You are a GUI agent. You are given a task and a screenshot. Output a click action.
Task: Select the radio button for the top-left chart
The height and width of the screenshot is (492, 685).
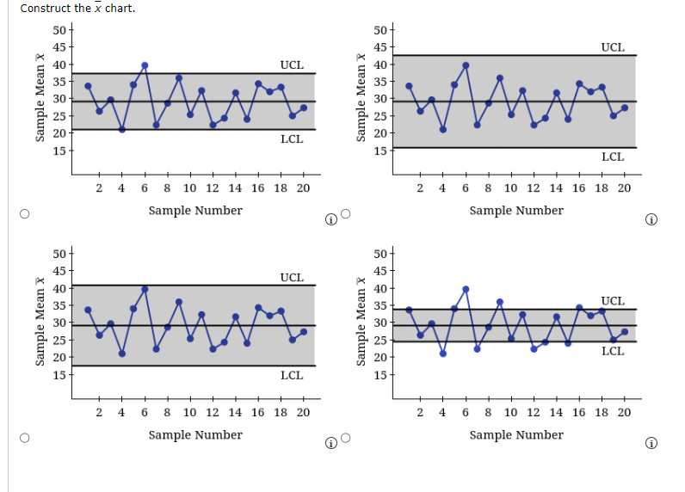click(x=25, y=214)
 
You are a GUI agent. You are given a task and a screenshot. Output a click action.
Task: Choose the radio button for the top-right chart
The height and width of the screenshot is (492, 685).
click(x=346, y=214)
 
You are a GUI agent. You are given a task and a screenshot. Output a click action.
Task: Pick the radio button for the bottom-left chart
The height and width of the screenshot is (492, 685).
click(x=25, y=438)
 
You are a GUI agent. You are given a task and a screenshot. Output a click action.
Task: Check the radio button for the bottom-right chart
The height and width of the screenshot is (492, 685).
click(x=346, y=438)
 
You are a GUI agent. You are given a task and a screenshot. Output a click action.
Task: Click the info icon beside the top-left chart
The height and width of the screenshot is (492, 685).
click(x=331, y=219)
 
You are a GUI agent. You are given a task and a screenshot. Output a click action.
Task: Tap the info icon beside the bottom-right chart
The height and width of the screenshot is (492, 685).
click(x=651, y=443)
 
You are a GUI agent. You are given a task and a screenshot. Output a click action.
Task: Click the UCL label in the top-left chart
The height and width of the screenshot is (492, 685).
click(x=292, y=65)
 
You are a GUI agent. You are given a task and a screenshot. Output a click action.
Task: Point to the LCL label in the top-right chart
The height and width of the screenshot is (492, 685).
click(x=613, y=157)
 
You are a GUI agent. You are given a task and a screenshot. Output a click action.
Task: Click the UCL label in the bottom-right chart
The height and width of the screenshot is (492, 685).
click(x=613, y=301)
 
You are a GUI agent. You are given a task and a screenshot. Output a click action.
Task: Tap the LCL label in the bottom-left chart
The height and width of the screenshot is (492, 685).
click(x=292, y=375)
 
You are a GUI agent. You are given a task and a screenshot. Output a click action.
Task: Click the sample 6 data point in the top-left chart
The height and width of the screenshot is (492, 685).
click(x=145, y=65)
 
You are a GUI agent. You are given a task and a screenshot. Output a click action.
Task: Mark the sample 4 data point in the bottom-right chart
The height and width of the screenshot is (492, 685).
click(x=443, y=354)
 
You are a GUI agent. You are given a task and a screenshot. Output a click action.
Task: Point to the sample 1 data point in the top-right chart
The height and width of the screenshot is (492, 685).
click(x=409, y=86)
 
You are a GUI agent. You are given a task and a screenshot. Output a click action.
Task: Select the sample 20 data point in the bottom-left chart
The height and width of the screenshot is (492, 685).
click(x=304, y=332)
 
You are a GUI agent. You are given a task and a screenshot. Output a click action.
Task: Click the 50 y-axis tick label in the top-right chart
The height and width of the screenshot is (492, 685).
click(x=380, y=30)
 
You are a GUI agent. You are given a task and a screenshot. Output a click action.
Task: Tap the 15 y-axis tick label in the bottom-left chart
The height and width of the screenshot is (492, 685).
click(x=59, y=374)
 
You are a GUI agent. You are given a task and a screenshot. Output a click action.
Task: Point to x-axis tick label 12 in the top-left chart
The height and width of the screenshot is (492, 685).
click(x=213, y=188)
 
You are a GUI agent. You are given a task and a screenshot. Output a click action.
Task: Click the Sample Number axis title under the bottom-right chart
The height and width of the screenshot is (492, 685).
click(x=516, y=435)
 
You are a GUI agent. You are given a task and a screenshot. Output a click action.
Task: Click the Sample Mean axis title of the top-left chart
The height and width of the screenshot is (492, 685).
click(x=40, y=97)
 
